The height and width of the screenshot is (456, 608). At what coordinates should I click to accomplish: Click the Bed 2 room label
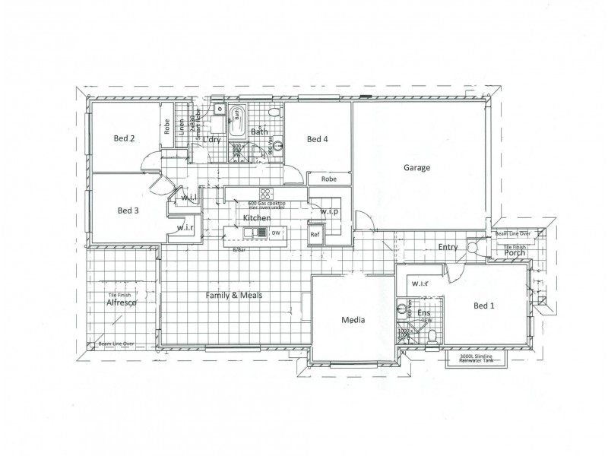coord(125,138)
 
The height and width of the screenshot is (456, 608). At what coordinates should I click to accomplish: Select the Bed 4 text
coord(317,139)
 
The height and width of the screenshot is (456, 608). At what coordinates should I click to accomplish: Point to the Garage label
coord(416,167)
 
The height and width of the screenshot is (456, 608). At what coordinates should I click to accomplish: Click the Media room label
coord(353,320)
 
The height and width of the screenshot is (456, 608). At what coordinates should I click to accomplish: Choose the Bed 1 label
coord(484,306)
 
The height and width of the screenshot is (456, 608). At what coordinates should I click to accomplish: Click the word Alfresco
coord(121,302)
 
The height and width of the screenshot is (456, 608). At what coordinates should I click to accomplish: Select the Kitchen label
coord(256,218)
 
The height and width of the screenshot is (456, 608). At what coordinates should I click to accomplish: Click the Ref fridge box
coord(315,236)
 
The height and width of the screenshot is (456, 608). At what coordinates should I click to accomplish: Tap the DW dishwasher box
coord(277,233)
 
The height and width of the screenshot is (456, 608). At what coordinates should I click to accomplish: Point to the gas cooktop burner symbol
coord(265,193)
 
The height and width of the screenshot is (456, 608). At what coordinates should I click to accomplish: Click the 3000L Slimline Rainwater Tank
coord(477,359)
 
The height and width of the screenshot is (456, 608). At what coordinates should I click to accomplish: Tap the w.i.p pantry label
coord(329,211)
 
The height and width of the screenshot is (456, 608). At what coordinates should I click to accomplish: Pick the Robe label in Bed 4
coord(329,179)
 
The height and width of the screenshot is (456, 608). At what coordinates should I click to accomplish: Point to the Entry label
coord(448,247)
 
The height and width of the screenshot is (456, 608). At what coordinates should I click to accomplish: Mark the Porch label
coord(515,253)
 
